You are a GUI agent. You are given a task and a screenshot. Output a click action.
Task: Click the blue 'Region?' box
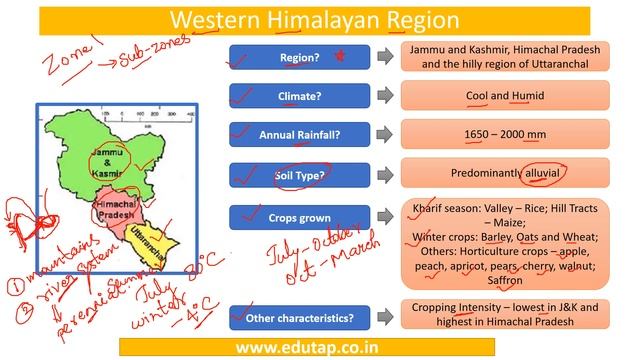299,57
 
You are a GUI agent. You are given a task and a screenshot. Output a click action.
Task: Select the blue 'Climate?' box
299,96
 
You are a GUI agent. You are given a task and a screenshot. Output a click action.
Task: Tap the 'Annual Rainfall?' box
299,134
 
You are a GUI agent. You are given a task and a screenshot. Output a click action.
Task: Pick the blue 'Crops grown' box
299,217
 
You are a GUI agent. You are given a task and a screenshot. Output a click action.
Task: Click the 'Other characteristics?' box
299,318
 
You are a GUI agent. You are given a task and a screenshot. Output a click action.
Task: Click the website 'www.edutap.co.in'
320,347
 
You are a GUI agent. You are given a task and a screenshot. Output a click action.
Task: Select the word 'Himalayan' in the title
309,19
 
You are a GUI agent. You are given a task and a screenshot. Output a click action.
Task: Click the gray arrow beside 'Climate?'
384,96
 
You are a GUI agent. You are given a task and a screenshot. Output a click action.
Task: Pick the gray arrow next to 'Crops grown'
384,217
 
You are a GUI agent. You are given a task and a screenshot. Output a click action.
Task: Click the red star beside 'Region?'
338,56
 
